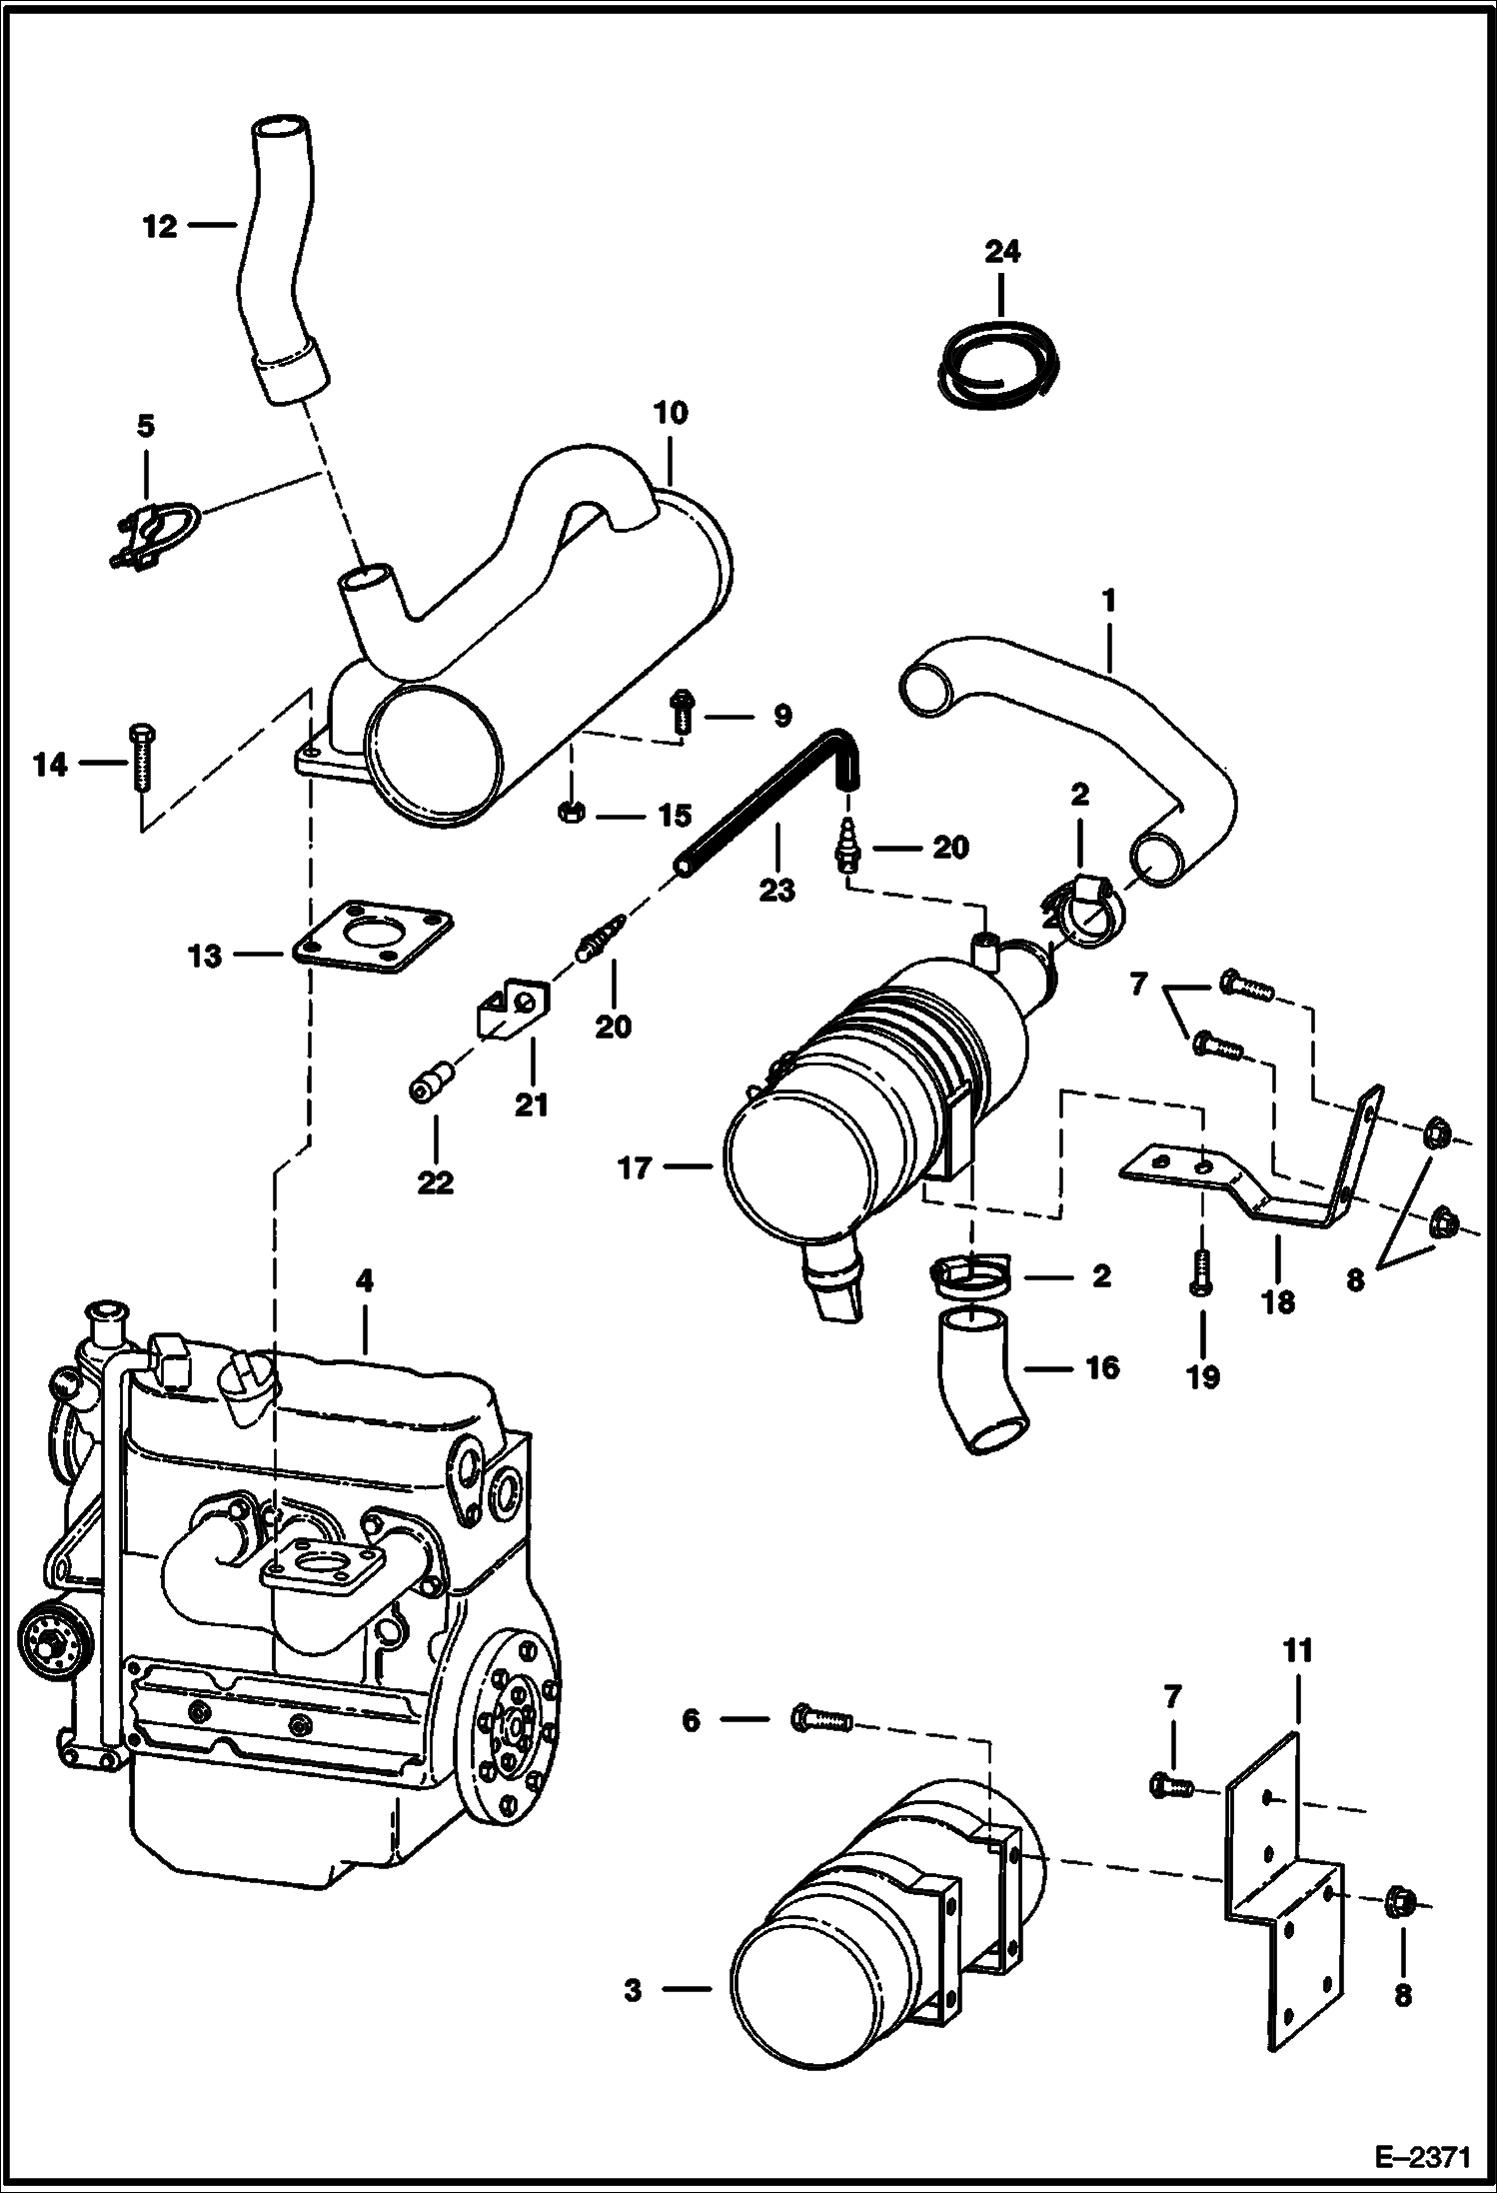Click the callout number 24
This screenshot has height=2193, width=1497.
coord(1002,251)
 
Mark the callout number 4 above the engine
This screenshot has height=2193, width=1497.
coord(364,1280)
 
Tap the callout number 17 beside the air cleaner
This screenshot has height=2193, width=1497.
coord(635,1166)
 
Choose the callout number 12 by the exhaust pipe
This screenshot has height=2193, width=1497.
coord(159,227)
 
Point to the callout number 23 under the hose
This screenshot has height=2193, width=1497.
coord(776,889)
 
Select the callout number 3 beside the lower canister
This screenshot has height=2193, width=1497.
coord(632,1990)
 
